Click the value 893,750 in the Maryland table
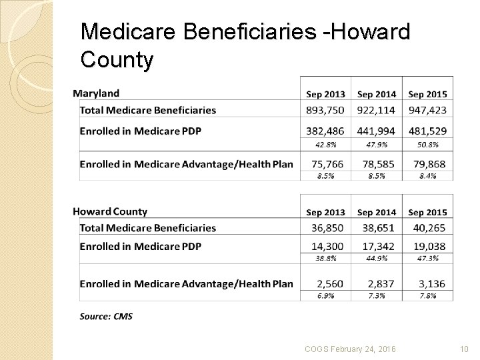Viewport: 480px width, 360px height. (325, 110)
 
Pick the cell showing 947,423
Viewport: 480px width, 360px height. (427, 110)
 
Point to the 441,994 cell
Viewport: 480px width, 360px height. (376, 131)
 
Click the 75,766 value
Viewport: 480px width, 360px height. (325, 163)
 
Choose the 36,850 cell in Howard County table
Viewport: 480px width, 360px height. (325, 228)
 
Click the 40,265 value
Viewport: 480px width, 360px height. (427, 228)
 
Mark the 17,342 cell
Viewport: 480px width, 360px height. (376, 246)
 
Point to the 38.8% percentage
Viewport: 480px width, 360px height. (325, 259)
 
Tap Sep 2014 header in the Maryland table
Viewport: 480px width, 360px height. (376, 94)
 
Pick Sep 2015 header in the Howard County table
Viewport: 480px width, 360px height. (427, 212)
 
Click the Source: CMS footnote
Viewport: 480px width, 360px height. (106, 317)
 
